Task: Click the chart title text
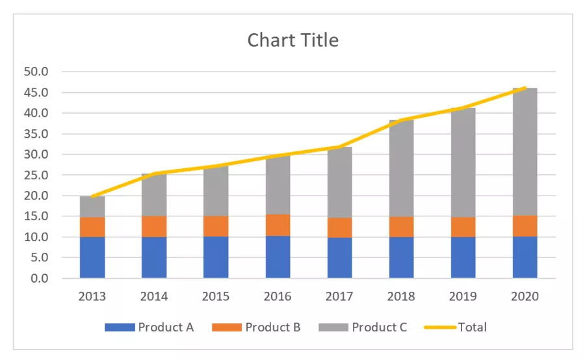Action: pos(292,40)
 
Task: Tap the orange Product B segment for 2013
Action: pos(92,227)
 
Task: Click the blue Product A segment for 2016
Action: pos(278,257)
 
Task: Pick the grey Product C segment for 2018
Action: pos(401,169)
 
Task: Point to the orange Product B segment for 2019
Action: pos(463,227)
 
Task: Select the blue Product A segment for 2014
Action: pos(154,257)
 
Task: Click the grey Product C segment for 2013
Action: pos(92,207)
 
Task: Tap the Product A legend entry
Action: pos(149,327)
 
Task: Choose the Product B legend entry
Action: pos(256,327)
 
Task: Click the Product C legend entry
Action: pos(363,327)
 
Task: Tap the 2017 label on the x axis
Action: pos(339,296)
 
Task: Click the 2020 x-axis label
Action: pos(525,296)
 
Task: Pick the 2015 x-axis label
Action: pos(216,296)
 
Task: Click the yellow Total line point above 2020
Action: pos(525,88)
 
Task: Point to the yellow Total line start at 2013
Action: pos(92,196)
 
